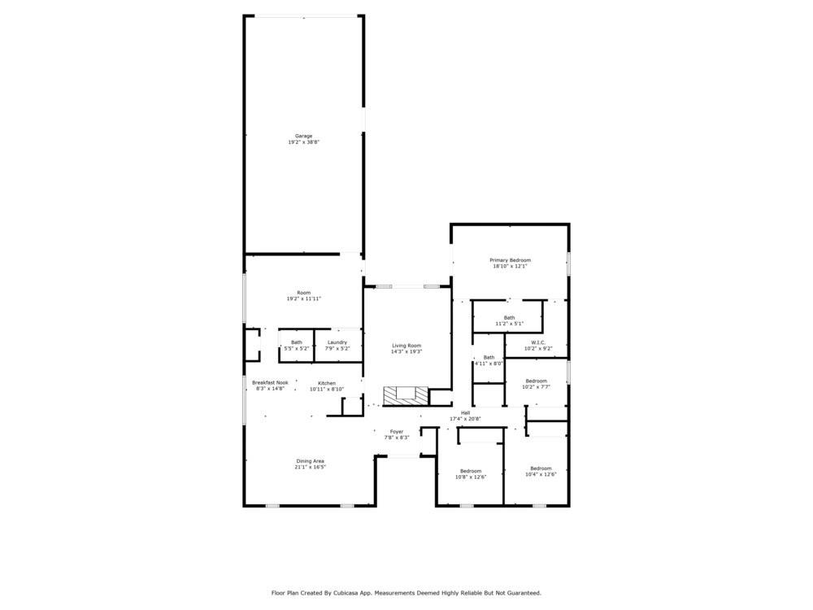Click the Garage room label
[303, 136]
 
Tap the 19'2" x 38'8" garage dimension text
[303, 142]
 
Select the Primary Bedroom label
[510, 260]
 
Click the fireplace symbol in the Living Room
[405, 395]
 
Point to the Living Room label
[406, 346]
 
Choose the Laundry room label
[337, 342]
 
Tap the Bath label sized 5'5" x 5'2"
[297, 342]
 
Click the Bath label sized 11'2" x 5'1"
[509, 317]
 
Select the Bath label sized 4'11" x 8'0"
[489, 357]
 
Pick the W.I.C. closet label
[537, 342]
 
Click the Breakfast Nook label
[270, 382]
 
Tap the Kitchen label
[327, 383]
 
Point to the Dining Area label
[310, 461]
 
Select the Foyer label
[396, 432]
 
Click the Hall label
[465, 413]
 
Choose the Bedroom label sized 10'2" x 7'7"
[536, 381]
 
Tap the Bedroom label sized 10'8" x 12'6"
[471, 471]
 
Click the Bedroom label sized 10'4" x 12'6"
[541, 468]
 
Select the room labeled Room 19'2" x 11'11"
[303, 293]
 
